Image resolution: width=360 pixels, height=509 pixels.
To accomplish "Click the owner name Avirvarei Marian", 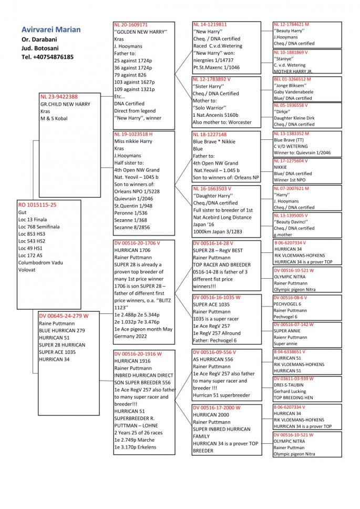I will [x=51, y=29].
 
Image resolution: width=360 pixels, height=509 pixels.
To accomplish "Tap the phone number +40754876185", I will [x=47, y=57].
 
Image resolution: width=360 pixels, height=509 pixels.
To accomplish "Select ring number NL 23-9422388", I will [x=59, y=97].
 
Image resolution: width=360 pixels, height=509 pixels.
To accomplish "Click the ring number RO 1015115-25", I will [x=38, y=204].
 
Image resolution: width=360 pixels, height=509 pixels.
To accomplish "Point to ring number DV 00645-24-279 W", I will [x=64, y=316].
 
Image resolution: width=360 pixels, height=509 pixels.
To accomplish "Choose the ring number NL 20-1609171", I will [x=131, y=25].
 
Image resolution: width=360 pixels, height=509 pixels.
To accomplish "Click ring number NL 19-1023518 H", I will [x=133, y=134].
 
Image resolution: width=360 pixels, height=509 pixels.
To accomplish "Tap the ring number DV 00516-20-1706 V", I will [x=137, y=243].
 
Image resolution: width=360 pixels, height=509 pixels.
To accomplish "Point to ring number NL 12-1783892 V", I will [x=212, y=79].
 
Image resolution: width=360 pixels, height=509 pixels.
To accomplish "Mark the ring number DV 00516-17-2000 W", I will [x=217, y=408].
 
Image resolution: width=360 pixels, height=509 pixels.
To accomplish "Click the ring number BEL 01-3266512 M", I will [x=292, y=79].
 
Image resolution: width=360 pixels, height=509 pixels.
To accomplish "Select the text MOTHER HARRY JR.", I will [x=293, y=72].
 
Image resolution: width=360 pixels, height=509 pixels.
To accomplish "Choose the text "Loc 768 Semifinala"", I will [x=39, y=227].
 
